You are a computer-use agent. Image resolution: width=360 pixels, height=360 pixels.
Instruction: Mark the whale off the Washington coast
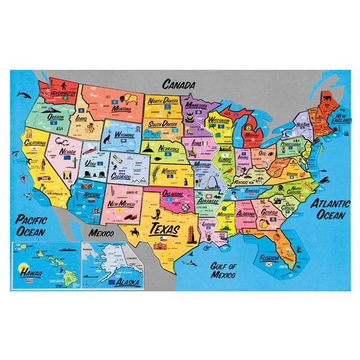(23, 95)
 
